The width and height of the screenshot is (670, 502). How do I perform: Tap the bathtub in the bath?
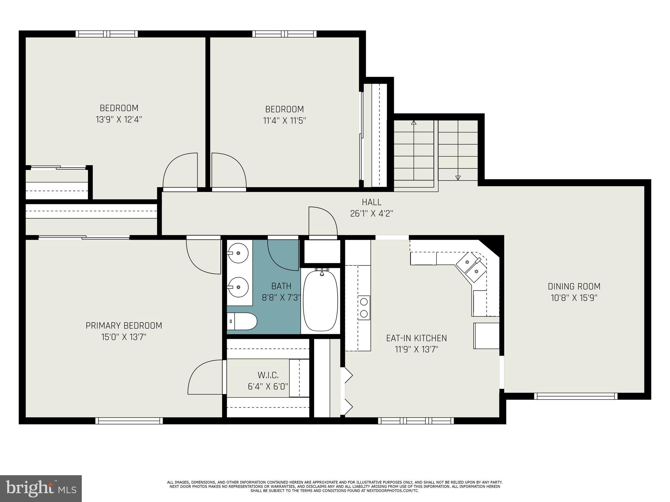point(320,301)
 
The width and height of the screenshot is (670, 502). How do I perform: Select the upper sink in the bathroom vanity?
point(238,253)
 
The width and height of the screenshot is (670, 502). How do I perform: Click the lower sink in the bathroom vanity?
point(238,287)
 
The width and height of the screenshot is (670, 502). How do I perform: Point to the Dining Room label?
point(574,287)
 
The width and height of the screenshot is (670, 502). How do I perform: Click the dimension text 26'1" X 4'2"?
point(371,214)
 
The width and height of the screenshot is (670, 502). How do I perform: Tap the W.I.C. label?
point(268,375)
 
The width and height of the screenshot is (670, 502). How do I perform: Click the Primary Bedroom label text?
point(124,326)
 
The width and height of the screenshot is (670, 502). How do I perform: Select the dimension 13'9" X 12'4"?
point(119,120)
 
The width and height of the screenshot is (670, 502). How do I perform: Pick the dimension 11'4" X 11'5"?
point(284,121)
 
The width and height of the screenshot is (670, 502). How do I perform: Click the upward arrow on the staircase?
point(414,123)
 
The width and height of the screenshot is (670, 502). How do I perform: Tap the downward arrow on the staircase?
point(458,177)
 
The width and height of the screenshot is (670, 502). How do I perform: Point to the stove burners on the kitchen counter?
point(364,308)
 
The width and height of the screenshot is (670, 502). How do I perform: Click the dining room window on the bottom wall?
point(576,396)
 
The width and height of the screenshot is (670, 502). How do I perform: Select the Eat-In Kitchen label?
point(416,338)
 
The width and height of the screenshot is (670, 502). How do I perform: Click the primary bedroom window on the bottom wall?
point(129,421)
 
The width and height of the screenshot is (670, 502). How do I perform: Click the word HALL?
point(371,202)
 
